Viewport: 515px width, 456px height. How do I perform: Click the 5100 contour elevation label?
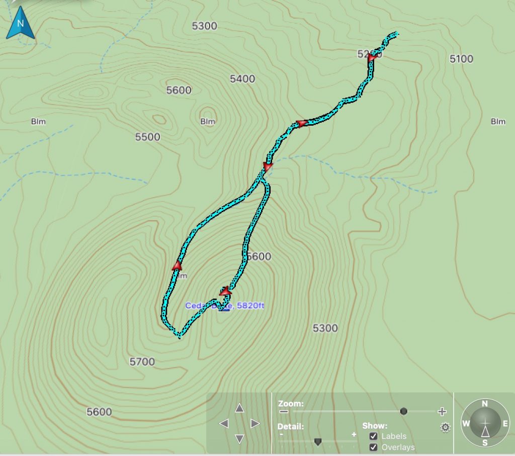[x=461, y=59]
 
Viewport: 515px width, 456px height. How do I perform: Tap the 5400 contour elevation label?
[x=242, y=79]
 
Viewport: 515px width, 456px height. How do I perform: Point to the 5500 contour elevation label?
[x=147, y=137]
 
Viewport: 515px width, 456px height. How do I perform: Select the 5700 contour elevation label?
[x=142, y=361]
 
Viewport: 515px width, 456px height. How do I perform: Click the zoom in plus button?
[x=442, y=412]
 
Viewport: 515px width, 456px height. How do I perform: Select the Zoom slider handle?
[x=403, y=411]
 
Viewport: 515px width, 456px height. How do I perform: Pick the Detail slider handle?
[x=317, y=441]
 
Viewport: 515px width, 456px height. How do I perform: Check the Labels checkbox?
[x=373, y=436]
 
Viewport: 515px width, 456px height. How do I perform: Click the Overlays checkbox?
[x=373, y=447]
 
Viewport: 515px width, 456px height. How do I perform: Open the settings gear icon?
[x=445, y=428]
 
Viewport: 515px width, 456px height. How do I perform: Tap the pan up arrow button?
[x=239, y=408]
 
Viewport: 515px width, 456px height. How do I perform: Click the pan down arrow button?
[x=239, y=439]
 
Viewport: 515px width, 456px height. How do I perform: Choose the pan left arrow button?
[x=224, y=423]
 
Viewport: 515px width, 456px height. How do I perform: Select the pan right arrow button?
[x=255, y=423]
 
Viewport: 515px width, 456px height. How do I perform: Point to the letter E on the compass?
[x=505, y=423]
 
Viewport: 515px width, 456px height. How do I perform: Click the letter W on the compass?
[x=466, y=423]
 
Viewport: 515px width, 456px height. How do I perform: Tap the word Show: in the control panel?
[x=375, y=425]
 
